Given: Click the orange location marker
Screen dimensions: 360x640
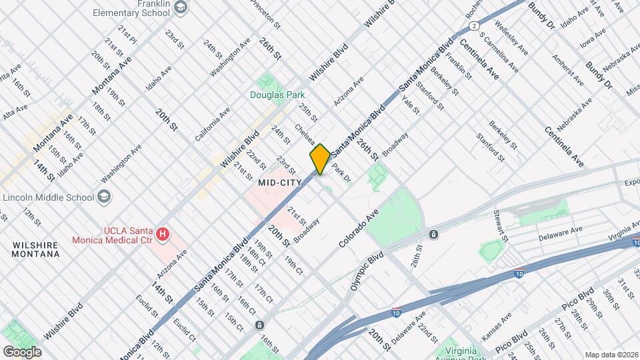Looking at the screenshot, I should [320, 159].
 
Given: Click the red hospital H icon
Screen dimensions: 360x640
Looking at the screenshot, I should [163, 235].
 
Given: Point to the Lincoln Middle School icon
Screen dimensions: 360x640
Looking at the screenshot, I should [104, 197].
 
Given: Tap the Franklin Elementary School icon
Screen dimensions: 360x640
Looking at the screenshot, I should [179, 7].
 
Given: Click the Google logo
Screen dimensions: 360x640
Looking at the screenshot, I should [22, 351].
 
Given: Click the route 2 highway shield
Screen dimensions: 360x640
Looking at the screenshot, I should [473, 25].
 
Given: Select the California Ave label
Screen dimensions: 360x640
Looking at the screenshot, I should [212, 123].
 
